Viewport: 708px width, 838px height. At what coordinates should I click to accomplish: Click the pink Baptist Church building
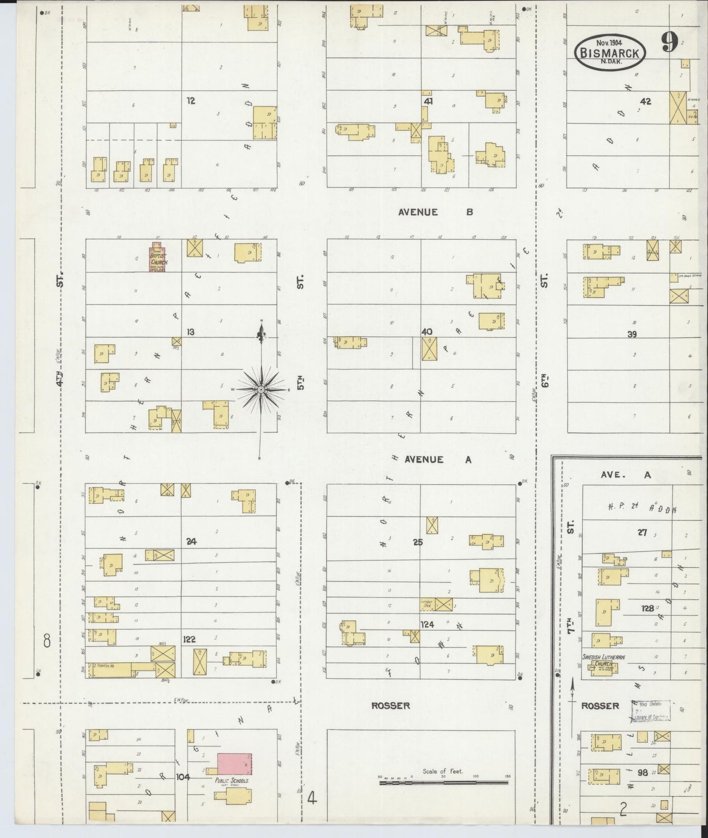(x=158, y=258)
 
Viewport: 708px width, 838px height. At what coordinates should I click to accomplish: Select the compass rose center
(x=261, y=389)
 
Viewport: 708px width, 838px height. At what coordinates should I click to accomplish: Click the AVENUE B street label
(x=435, y=212)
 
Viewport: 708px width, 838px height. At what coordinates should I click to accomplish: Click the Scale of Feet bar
(x=443, y=783)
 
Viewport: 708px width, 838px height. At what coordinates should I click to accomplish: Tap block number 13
(x=190, y=332)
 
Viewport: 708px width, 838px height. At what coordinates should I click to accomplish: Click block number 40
(x=426, y=332)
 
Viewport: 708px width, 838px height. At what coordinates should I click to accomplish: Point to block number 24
(x=191, y=542)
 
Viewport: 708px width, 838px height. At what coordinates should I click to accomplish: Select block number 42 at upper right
(x=645, y=101)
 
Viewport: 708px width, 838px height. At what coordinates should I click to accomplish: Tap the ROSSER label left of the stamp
(x=600, y=706)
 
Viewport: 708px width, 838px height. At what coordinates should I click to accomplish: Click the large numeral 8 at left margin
(x=47, y=641)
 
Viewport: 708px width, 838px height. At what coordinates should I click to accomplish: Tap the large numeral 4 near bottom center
(x=312, y=799)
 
